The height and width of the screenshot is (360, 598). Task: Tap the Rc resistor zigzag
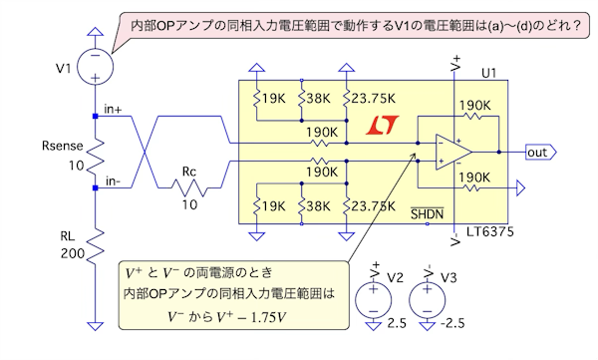pyautogui.click(x=189, y=187)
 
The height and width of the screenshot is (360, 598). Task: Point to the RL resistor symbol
pyautogui.click(x=96, y=246)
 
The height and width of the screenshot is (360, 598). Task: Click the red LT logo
pyautogui.click(x=382, y=126)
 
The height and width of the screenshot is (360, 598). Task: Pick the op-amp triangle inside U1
pyautogui.click(x=453, y=152)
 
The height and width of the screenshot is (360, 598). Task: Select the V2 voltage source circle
pyautogui.click(x=374, y=300)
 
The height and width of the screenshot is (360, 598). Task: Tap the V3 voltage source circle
pyautogui.click(x=428, y=300)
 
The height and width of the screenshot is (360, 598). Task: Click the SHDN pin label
pyautogui.click(x=428, y=213)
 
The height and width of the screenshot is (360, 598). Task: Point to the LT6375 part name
pyautogui.click(x=490, y=231)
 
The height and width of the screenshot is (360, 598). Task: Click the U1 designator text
pyautogui.click(x=489, y=73)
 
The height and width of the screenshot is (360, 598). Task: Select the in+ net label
pyautogui.click(x=113, y=109)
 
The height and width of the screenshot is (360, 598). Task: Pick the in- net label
pyautogui.click(x=113, y=180)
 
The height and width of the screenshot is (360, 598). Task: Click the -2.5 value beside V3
pyautogui.click(x=452, y=323)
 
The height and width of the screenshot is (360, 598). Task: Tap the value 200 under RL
pyautogui.click(x=73, y=253)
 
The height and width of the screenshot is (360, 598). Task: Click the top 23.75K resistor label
pyautogui.click(x=374, y=99)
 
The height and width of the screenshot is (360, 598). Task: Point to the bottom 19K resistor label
pyautogui.click(x=273, y=206)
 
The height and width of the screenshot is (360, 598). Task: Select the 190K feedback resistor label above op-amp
pyautogui.click(x=474, y=105)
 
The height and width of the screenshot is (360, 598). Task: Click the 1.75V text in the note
pyautogui.click(x=268, y=317)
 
